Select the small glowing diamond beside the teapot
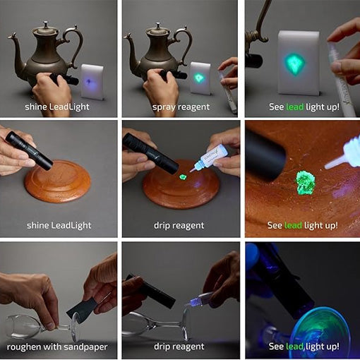[x=200, y=77]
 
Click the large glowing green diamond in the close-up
[x=295, y=64]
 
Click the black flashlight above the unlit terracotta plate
[x=31, y=150]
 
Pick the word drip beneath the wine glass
[x=164, y=347]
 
